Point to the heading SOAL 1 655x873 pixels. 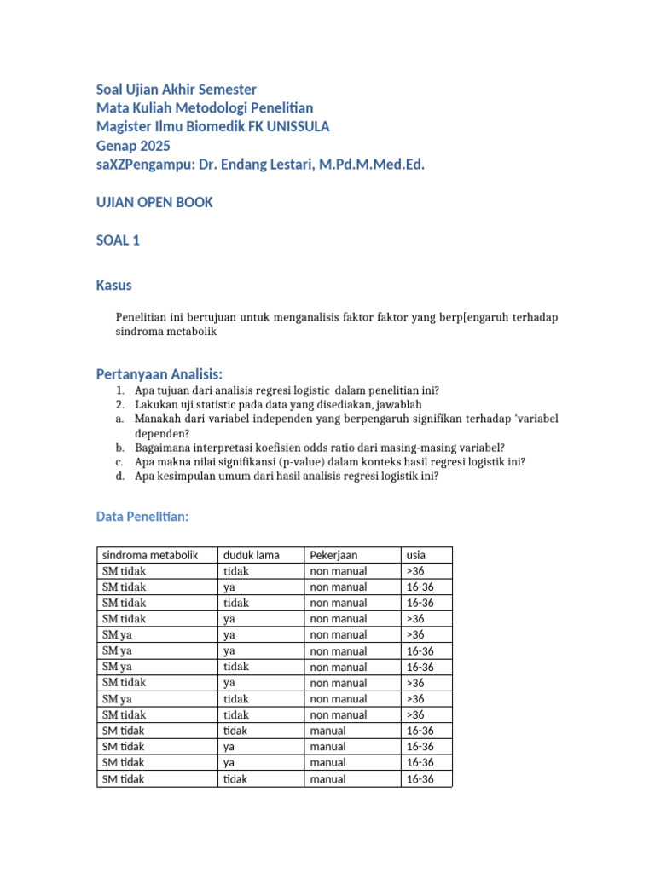(118, 240)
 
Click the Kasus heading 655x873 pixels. (114, 285)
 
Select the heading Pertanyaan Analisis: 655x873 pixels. (159, 374)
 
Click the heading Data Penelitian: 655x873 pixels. (142, 517)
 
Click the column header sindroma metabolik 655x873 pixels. (149, 555)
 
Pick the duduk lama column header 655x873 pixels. (251, 555)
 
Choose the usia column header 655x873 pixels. (416, 555)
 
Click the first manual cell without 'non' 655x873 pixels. (327, 731)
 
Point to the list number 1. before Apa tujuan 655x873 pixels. (121, 390)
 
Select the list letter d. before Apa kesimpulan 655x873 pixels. (121, 477)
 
